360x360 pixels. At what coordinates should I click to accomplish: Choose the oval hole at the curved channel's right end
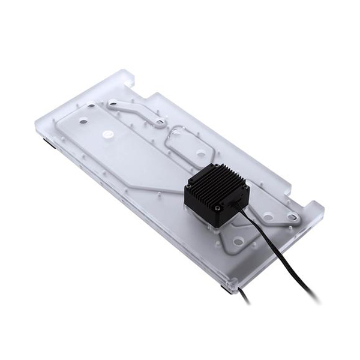160,122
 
